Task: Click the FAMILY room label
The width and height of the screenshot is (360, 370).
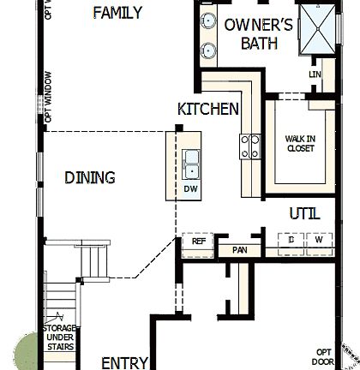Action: [117, 12]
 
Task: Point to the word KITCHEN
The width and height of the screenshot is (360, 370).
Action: [207, 109]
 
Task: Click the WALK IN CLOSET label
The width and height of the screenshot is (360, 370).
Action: [300, 143]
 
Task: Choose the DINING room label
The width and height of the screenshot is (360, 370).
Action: [90, 178]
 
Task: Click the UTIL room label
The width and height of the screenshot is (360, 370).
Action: [306, 212]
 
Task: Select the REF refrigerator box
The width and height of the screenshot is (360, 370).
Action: [198, 242]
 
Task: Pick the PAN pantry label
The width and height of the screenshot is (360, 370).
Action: [239, 250]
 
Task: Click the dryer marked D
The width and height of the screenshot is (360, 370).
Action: [291, 242]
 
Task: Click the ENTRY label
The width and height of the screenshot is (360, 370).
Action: [125, 362]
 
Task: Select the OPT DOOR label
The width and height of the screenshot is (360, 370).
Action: [324, 357]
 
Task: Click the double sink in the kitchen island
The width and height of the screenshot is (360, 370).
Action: [191, 159]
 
